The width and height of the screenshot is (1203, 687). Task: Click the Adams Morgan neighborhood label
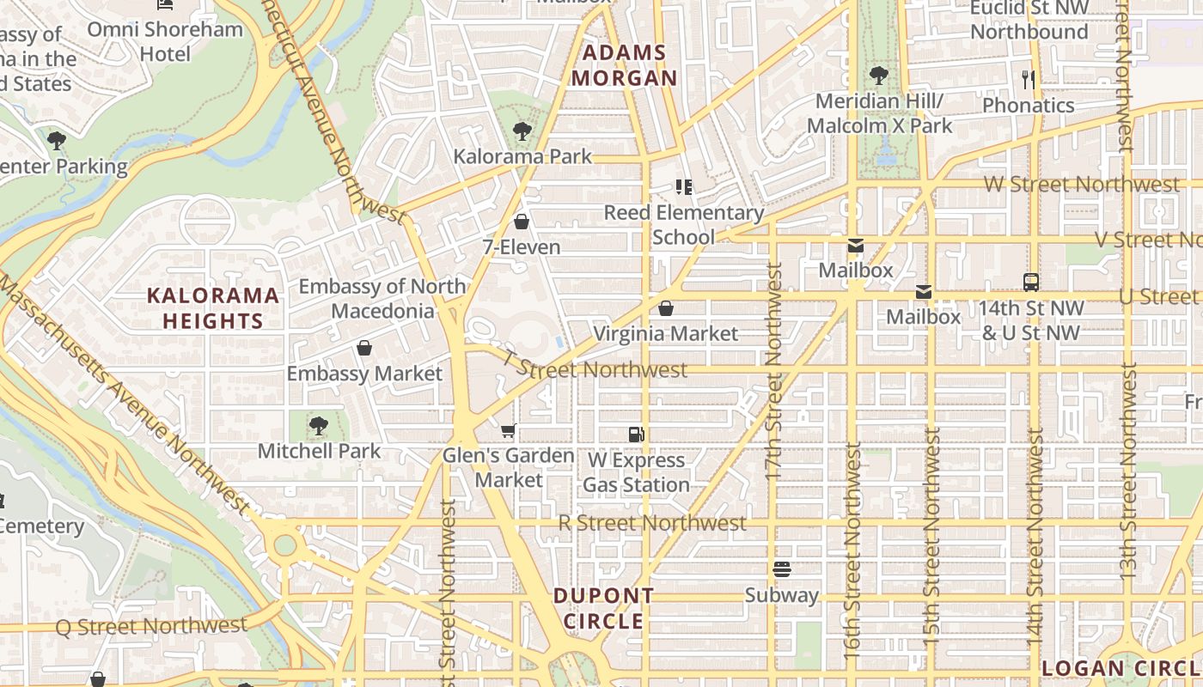coord(625,65)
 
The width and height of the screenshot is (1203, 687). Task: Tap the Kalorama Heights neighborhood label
coord(212,308)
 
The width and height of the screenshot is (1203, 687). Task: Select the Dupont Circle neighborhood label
coord(603,608)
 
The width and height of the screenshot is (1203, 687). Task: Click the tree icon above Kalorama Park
coord(522,131)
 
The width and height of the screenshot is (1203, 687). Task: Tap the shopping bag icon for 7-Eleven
coord(521,222)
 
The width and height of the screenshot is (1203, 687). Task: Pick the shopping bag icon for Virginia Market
coord(665,307)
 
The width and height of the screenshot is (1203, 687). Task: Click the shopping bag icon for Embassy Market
coord(364,348)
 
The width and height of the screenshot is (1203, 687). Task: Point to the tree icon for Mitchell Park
coord(319,424)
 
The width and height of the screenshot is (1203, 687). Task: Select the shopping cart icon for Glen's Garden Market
coord(508,429)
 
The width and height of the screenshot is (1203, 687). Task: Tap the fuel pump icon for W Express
coord(636,435)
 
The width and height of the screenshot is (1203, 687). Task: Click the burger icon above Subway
coord(781,568)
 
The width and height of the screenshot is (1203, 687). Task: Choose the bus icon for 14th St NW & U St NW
coord(1031,282)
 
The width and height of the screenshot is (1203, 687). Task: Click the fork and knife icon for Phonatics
coord(1028,80)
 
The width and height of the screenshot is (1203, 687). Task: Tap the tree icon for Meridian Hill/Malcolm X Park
coord(878,75)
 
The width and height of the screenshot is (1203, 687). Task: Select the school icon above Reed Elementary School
coord(684,186)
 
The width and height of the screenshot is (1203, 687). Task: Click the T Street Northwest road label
coord(595,368)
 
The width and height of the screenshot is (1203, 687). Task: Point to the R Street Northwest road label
coord(652,523)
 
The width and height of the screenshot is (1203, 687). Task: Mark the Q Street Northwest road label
coord(151,626)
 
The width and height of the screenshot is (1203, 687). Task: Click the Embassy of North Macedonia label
coord(382,298)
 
